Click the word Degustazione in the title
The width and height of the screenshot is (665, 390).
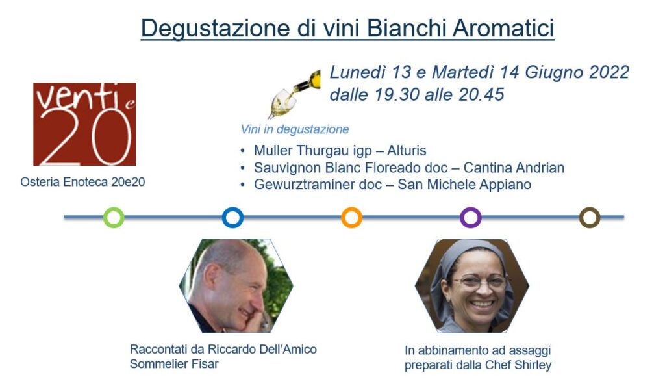coord(215,29)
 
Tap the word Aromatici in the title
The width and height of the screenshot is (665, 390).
coord(503,29)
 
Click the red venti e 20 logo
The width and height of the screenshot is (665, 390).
coord(84,124)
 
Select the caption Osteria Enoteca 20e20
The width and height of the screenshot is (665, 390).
coord(82,182)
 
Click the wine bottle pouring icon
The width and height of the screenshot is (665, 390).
coord(294,94)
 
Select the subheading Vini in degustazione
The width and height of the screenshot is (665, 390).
coord(295,129)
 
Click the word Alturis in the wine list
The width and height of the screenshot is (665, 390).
coord(407,151)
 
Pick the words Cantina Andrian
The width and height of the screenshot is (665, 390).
coord(514,168)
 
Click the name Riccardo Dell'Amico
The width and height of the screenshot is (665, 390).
coord(262,349)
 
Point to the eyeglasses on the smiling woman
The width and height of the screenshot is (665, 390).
coord(483,281)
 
